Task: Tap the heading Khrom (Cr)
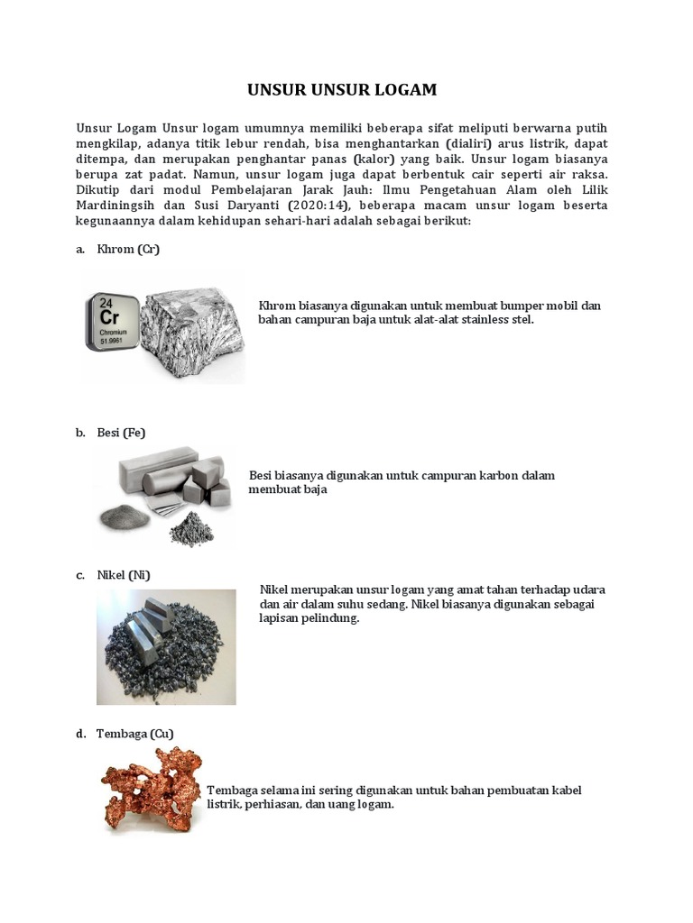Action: pyautogui.click(x=128, y=249)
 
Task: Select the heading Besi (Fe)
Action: pyautogui.click(x=121, y=433)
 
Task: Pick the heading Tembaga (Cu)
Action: pyautogui.click(x=134, y=734)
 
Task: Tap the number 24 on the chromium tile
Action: pyautogui.click(x=106, y=303)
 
